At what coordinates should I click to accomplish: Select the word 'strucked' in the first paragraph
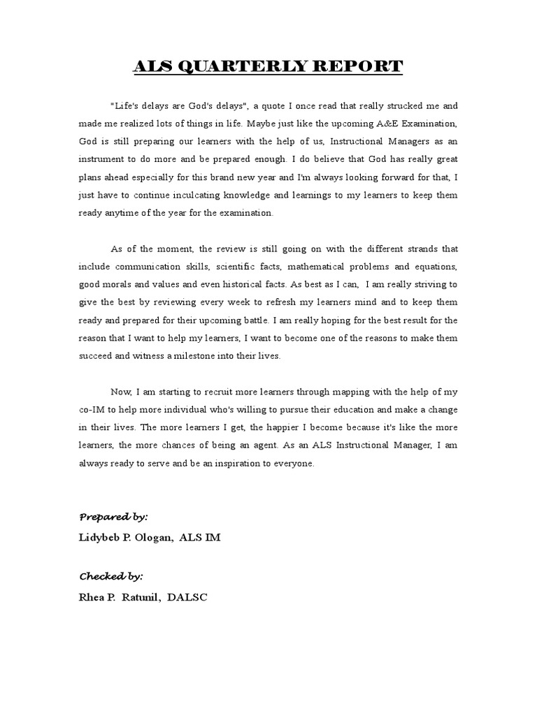(416, 106)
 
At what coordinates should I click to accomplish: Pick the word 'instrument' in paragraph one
(101, 160)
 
